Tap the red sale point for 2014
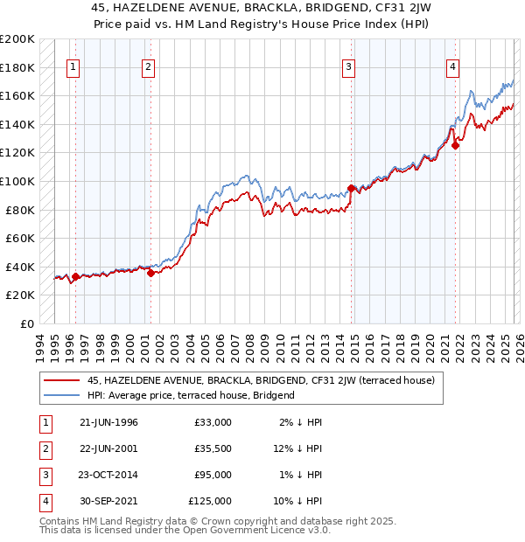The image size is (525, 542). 352,188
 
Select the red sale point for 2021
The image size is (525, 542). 456,145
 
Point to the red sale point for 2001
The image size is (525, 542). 150,273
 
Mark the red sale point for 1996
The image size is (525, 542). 75,276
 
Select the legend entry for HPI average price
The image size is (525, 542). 191,395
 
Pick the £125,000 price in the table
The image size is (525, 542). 209,501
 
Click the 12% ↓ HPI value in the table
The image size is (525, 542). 297,448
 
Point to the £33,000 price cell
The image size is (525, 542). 213,422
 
